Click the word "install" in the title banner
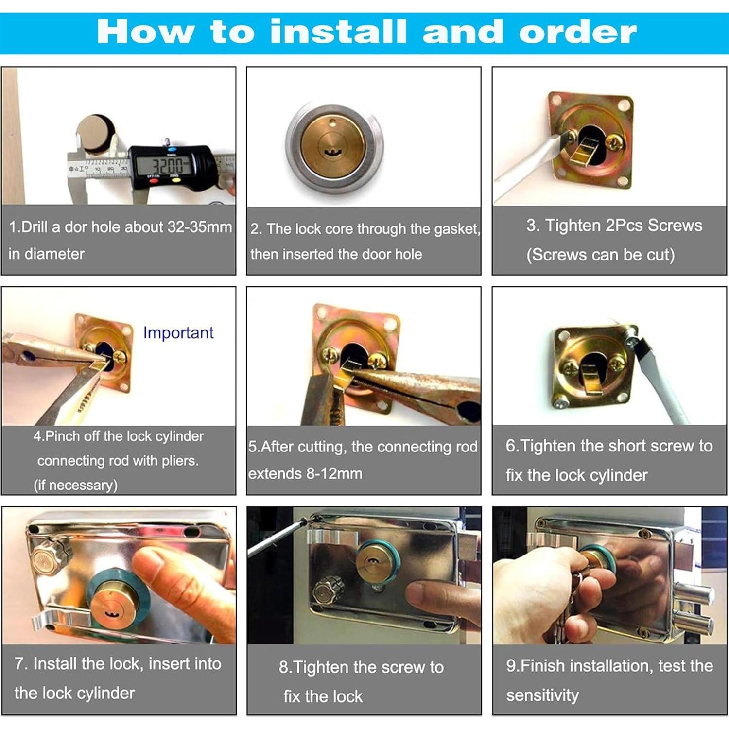(338, 31)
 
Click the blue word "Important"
(178, 333)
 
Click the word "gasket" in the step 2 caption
(456, 229)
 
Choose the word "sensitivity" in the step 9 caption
(542, 695)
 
